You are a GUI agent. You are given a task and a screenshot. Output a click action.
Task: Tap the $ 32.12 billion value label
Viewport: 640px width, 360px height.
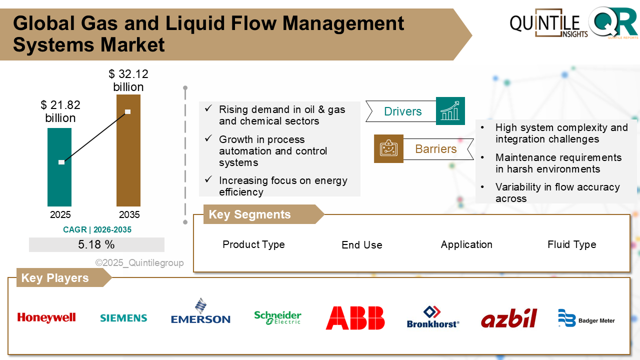(x=128, y=81)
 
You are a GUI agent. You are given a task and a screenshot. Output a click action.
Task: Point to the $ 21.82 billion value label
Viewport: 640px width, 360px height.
(x=60, y=111)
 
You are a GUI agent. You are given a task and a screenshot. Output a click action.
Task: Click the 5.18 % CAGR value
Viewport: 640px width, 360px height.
(x=96, y=245)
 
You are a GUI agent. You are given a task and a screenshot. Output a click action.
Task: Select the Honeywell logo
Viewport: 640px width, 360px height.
(x=46, y=317)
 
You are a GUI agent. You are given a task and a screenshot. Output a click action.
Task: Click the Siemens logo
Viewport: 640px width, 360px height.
(x=123, y=318)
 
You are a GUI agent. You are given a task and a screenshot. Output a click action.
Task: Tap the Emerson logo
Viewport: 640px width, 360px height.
(x=200, y=312)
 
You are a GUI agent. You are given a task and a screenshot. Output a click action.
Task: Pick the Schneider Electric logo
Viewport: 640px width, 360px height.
(x=277, y=317)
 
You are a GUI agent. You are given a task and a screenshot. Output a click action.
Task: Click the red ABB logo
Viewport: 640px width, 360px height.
(x=355, y=318)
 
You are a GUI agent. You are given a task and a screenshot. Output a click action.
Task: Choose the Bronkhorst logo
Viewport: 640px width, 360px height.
(x=432, y=317)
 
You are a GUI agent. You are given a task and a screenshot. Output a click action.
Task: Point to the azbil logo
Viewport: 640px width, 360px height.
(x=509, y=318)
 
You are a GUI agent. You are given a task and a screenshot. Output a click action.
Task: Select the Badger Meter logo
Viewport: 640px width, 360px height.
(x=586, y=318)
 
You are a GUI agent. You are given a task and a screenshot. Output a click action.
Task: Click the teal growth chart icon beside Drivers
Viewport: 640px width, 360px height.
(x=450, y=111)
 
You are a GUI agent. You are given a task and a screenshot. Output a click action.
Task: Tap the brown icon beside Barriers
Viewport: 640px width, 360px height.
(x=388, y=148)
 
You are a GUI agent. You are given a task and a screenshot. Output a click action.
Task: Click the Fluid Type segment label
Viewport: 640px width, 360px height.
(x=571, y=244)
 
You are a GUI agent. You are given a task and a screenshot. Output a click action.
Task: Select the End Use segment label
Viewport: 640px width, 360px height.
(x=361, y=245)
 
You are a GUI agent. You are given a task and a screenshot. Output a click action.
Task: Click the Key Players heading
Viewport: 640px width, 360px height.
(x=55, y=278)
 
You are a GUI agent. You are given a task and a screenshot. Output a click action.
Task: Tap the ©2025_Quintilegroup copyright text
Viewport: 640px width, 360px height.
(x=139, y=263)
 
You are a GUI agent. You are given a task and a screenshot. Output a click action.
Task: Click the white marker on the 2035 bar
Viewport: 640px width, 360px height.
(x=127, y=111)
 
